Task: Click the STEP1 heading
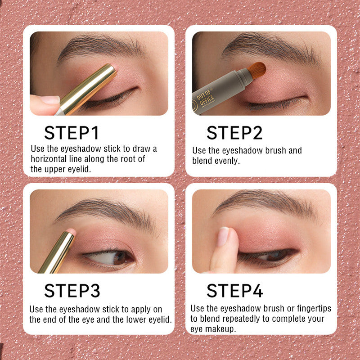[x=72, y=133]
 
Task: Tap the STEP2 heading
[x=234, y=133]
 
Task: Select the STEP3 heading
[x=72, y=291]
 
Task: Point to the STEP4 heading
[x=234, y=291]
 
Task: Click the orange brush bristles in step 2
[x=257, y=70]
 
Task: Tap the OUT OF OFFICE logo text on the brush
[x=205, y=98]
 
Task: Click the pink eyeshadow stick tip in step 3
[x=72, y=231]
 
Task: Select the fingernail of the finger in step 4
[x=223, y=237]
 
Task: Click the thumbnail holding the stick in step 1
[x=50, y=100]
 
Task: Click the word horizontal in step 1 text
[x=49, y=159]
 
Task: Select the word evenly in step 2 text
[x=227, y=161]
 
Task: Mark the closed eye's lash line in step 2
[x=275, y=103]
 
